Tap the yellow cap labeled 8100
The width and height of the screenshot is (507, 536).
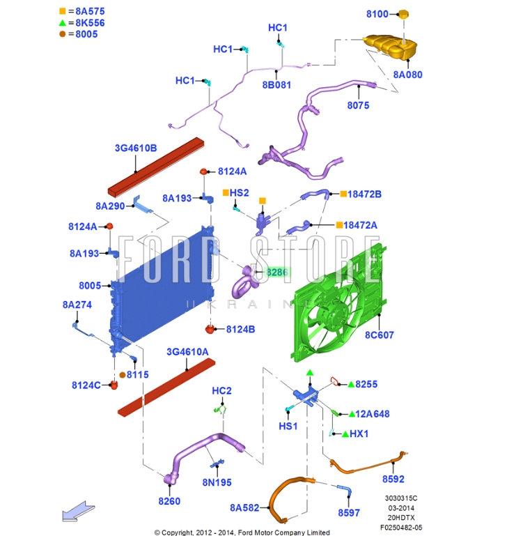pyautogui.click(x=403, y=14)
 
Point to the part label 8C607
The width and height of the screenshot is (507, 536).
pyautogui.click(x=380, y=335)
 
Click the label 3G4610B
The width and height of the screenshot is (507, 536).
pyautogui.click(x=136, y=148)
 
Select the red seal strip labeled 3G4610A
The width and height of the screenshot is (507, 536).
pyautogui.click(x=166, y=387)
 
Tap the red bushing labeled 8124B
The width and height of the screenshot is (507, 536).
pyautogui.click(x=210, y=329)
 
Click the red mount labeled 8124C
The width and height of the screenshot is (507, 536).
pyautogui.click(x=114, y=385)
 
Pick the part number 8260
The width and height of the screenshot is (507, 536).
pyautogui.click(x=169, y=501)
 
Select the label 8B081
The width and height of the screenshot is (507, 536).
pyautogui.click(x=276, y=85)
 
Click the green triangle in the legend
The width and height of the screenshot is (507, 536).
pyautogui.click(x=62, y=22)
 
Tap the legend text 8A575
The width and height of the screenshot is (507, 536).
pyautogui.click(x=90, y=11)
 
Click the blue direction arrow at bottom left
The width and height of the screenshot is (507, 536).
pyautogui.click(x=78, y=512)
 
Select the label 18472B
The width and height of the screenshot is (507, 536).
pyautogui.click(x=364, y=194)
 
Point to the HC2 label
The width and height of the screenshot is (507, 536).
pyautogui.click(x=221, y=391)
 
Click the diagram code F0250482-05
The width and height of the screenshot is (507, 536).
pyautogui.click(x=401, y=528)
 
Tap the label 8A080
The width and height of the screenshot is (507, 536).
pyautogui.click(x=407, y=75)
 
